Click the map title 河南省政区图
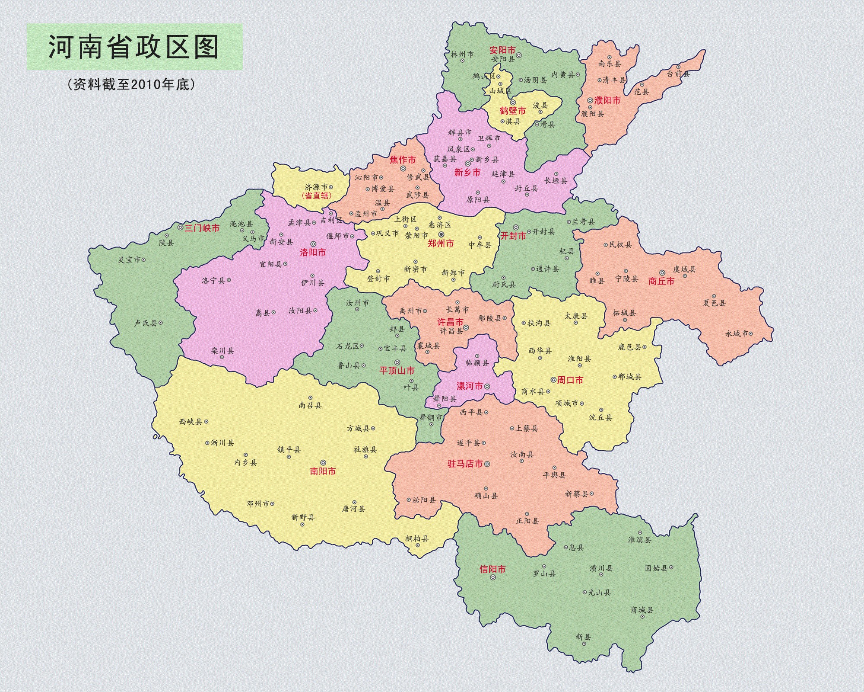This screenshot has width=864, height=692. (x=133, y=47)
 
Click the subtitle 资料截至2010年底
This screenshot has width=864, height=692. (x=131, y=84)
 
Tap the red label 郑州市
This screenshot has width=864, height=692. (x=441, y=243)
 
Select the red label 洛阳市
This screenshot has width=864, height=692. (x=313, y=252)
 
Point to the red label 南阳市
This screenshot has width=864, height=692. (x=323, y=471)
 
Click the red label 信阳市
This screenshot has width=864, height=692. (x=492, y=569)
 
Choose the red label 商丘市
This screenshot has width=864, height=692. (x=661, y=281)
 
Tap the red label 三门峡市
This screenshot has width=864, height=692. (x=202, y=228)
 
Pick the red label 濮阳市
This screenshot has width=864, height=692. (x=607, y=100)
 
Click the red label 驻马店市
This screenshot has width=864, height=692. (x=465, y=464)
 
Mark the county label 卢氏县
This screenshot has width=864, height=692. (x=146, y=323)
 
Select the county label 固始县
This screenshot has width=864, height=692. (x=656, y=568)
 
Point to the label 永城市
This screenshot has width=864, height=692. (x=737, y=333)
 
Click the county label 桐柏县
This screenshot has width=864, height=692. (x=417, y=538)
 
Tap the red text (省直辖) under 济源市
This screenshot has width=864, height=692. (x=317, y=195)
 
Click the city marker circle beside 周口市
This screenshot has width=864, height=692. (x=553, y=380)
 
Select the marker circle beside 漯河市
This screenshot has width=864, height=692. (x=487, y=386)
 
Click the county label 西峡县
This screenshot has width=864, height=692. (x=191, y=421)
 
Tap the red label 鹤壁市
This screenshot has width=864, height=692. (x=513, y=111)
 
